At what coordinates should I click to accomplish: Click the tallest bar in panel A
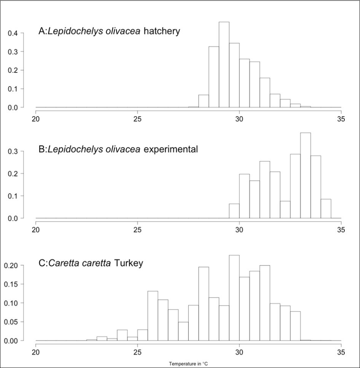tap(224, 65)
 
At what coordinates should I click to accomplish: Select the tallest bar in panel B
tap(305, 175)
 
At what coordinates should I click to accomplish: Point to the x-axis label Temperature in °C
tap(188, 363)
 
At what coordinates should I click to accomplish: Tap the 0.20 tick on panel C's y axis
tap(11, 266)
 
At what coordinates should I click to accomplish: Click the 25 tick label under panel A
tap(137, 118)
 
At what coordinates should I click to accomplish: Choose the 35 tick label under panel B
tap(341, 229)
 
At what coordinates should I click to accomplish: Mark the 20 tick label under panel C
tap(36, 352)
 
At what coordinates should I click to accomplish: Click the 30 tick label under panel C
tap(239, 352)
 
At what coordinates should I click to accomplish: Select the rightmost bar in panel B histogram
tap(326, 208)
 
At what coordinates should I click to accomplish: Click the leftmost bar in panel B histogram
tap(234, 211)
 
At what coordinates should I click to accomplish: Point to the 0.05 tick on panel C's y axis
tap(11, 322)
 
